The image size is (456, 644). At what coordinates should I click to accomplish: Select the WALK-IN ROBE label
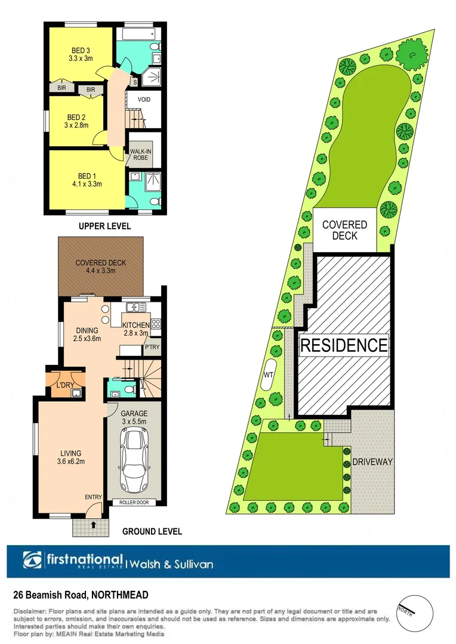141,155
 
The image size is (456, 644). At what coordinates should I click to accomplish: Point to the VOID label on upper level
144,100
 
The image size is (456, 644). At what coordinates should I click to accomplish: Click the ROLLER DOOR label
134,502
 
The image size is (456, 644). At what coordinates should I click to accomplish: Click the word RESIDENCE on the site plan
344,345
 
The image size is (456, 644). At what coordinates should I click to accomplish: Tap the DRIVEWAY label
372,462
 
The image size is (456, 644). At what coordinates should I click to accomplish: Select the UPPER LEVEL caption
105,227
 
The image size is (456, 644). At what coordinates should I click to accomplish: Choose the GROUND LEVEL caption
152,531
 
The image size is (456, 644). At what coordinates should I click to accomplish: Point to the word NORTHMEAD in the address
120,595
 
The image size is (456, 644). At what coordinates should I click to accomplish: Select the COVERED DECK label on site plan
344,230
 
